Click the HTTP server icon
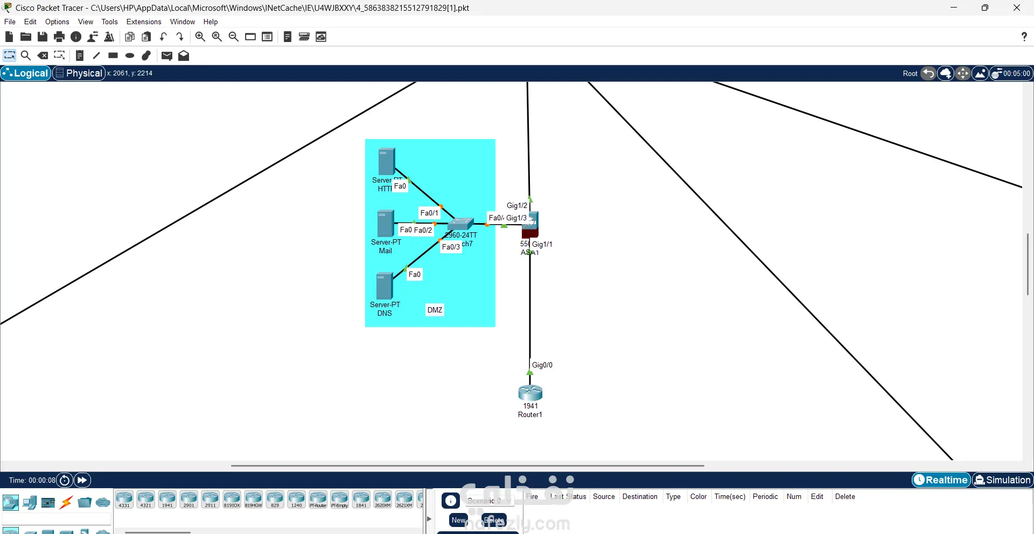387,161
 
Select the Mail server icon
386,224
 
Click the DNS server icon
385,286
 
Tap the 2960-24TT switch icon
460,224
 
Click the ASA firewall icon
530,225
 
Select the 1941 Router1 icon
530,393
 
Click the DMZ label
435,310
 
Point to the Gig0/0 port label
542,365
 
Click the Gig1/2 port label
517,205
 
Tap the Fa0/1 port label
429,213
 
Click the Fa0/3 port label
451,247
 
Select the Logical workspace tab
26,73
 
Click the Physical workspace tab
79,73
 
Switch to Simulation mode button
1002,480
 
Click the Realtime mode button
941,480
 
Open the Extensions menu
144,22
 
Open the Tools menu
109,22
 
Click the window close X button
1017,8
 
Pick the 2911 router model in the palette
210,499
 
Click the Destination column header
640,496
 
